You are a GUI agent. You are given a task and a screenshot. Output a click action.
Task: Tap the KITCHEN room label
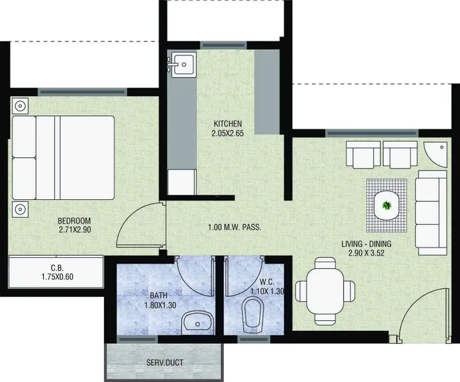click(x=227, y=124)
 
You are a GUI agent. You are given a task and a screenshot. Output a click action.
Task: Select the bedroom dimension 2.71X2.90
click(x=75, y=230)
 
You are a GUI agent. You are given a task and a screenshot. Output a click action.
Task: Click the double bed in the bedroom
click(x=63, y=158)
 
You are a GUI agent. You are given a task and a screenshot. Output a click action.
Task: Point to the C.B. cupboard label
click(x=57, y=267)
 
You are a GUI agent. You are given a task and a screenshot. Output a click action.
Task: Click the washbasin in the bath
click(x=198, y=323)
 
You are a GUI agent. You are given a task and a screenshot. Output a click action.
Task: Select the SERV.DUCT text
click(x=165, y=363)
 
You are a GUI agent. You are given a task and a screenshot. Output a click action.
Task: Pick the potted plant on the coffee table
click(x=387, y=205)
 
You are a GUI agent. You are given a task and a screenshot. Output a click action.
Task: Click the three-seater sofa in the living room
click(x=431, y=213)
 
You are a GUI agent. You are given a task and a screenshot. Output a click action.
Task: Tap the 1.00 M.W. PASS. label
click(x=234, y=227)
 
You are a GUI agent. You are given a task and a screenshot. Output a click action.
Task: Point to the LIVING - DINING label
click(x=366, y=244)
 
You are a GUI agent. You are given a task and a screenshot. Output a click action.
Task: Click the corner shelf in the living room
click(x=435, y=154)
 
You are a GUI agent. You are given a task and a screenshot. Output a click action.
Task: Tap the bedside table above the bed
click(x=20, y=106)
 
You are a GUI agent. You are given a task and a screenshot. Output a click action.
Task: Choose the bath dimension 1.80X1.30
click(x=160, y=305)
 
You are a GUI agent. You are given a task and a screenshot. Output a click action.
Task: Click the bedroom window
click(x=82, y=92)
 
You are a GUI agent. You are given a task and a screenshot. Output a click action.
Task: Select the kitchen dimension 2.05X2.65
click(x=227, y=134)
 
